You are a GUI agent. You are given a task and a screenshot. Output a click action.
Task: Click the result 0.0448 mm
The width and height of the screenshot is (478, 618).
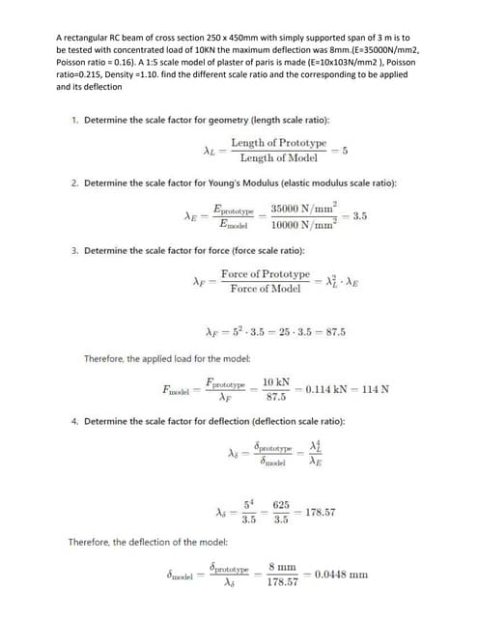pyautogui.click(x=345, y=573)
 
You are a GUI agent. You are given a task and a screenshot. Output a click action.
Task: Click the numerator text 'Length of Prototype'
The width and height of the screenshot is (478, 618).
pyautogui.click(x=278, y=142)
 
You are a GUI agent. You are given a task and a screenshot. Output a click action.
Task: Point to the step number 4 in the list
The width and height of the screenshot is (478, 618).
pyautogui.click(x=75, y=421)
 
